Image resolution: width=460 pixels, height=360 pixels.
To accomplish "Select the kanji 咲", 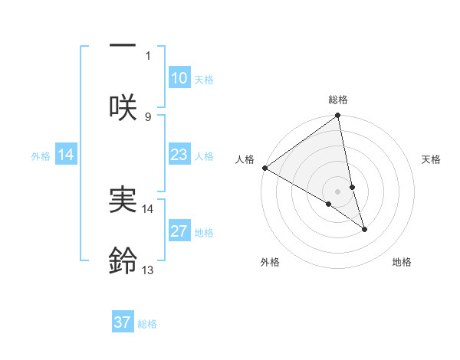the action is (123, 107).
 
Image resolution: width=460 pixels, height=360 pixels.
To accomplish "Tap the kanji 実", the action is (123, 200).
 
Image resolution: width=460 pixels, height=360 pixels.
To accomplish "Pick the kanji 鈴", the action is (123, 261).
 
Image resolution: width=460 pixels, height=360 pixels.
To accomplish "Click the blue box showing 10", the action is (179, 78).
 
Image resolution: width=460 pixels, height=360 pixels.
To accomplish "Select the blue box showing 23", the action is (179, 155).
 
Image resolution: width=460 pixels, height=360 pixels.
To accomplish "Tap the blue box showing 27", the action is (179, 231).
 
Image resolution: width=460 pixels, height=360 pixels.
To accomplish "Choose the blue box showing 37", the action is (123, 322).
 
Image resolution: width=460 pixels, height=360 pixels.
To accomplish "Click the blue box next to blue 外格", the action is (67, 155).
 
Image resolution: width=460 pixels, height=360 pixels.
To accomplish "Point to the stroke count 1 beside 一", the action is (149, 55).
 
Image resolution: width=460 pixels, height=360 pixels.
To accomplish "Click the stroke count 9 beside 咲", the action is (148, 116).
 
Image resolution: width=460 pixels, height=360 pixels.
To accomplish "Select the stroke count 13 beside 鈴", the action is (148, 270).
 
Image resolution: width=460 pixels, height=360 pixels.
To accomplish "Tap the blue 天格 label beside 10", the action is (204, 80).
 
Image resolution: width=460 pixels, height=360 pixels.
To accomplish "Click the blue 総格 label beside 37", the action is (147, 324).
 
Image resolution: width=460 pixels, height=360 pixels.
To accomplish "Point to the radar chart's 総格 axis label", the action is (338, 100).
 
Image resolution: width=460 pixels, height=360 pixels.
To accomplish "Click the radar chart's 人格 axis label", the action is (245, 159).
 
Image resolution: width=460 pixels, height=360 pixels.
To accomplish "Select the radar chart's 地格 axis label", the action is (402, 262).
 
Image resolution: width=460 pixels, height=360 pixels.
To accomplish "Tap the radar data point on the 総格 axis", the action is (338, 116).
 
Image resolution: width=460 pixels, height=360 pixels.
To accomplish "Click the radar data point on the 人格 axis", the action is (264, 168).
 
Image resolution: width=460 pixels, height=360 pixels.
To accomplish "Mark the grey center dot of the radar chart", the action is (338, 191).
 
